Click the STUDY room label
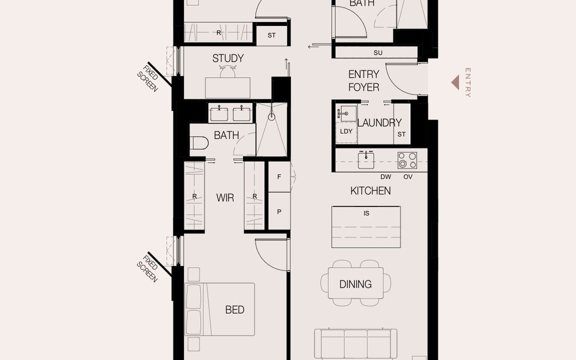228,59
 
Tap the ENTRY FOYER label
363,81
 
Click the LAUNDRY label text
379,123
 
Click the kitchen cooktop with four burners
407,160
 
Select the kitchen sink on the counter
366,159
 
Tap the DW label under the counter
385,177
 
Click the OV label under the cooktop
408,177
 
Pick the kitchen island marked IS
366,227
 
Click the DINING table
356,284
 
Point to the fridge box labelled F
279,177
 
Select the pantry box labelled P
279,211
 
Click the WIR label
225,197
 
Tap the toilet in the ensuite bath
199,143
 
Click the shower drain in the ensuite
272,116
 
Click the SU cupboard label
378,52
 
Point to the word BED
235,310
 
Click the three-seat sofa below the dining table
356,343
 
